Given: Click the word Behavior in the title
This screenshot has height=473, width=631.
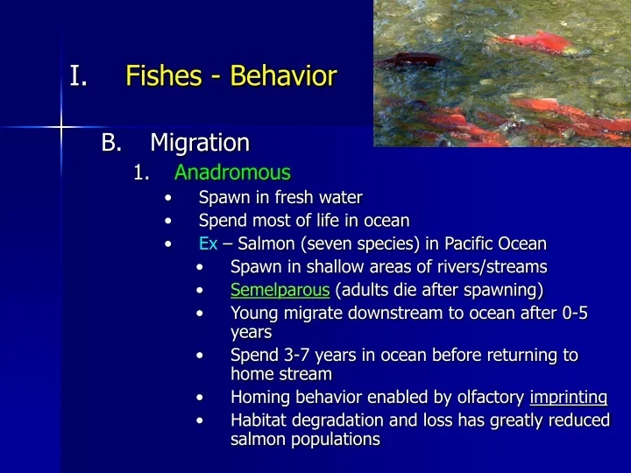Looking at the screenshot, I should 283,76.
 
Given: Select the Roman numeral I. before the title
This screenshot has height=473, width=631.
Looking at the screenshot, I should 78,76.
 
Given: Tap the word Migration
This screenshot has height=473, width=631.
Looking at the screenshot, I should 200,142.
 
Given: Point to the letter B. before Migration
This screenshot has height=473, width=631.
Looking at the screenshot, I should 111,142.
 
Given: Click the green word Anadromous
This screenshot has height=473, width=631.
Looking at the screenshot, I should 232,173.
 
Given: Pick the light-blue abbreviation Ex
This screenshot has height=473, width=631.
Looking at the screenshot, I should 208,244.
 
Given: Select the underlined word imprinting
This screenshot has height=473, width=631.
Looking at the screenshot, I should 569,397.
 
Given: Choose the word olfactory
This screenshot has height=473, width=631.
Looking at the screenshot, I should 486,397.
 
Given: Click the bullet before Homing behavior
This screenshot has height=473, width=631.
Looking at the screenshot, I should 201,398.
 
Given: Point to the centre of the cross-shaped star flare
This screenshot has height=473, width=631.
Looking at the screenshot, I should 60,128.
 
